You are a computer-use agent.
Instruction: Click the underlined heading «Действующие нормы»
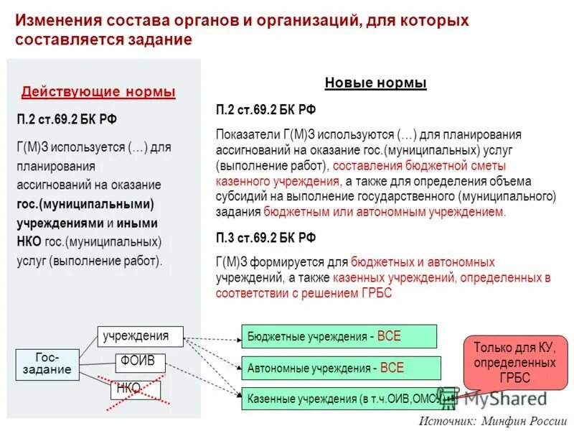click(98, 92)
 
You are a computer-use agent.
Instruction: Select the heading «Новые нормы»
click(375, 83)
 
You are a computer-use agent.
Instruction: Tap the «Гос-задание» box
click(47, 363)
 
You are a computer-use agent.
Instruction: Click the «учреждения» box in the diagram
click(140, 335)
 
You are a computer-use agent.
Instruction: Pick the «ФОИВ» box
click(139, 361)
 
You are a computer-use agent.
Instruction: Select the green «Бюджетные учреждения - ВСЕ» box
click(339, 336)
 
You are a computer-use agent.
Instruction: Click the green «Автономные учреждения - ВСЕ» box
click(340, 369)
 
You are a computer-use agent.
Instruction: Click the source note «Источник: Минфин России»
click(493, 422)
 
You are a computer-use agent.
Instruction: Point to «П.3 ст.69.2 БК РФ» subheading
click(265, 237)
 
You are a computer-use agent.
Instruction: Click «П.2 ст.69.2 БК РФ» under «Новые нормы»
click(265, 109)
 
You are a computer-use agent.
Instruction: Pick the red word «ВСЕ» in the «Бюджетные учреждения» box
click(389, 336)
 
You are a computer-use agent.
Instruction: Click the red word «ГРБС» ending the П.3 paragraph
click(376, 294)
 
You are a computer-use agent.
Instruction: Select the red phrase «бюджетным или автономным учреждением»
click(385, 212)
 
